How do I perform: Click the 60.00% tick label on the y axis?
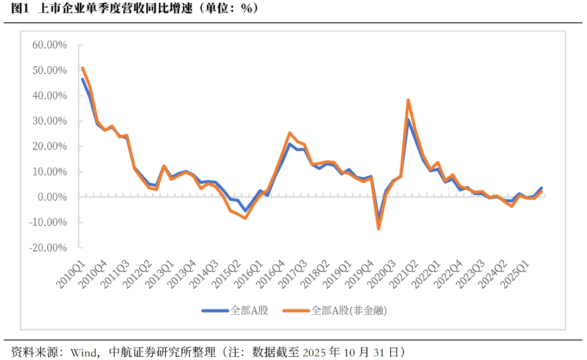pos(49,45)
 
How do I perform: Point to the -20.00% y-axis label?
pos(48,247)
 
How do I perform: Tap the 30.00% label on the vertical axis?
pos(49,121)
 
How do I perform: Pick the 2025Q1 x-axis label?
pos(516,275)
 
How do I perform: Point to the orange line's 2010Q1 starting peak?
pos(82,68)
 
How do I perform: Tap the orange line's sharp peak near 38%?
pos(408,100)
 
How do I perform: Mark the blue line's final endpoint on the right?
pos(541,188)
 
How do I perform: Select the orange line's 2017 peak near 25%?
pos(290,133)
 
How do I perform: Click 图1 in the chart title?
pos(20,9)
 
